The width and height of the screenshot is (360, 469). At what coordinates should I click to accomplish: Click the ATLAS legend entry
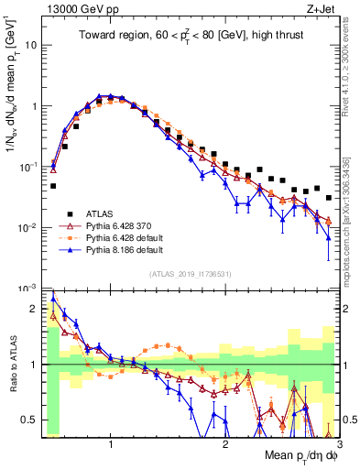(x=100, y=210)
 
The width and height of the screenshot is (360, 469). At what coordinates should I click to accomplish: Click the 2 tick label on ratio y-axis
(x=35, y=309)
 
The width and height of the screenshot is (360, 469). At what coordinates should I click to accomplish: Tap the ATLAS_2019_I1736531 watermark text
(x=190, y=274)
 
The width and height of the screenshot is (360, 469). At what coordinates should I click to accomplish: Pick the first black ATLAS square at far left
(x=53, y=186)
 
